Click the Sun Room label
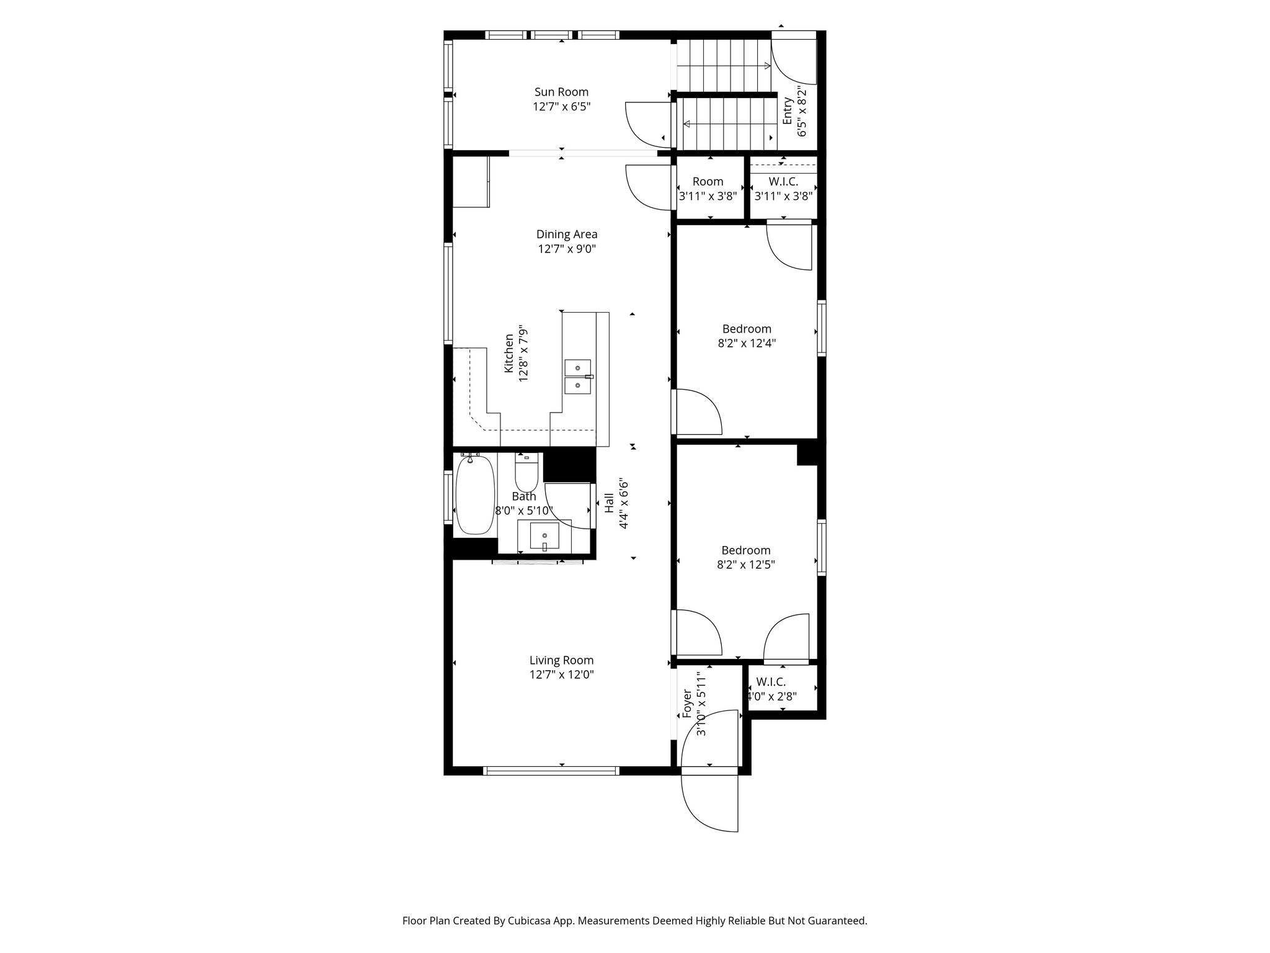pos(561,92)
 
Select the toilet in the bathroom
pos(526,475)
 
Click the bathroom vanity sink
pos(544,535)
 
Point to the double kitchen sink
pos(577,377)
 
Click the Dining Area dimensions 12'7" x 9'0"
pos(567,249)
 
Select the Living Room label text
pos(561,660)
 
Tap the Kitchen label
pos(508,354)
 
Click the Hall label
pos(609,503)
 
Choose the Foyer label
pos(686,704)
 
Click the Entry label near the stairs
pos(788,110)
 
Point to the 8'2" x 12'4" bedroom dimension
pos(747,342)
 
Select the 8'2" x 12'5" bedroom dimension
pos(746,565)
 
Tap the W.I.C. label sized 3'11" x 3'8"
pos(783,182)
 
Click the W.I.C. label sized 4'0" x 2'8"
pos(771,682)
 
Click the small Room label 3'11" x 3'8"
pos(708,182)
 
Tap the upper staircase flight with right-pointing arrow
pos(723,66)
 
